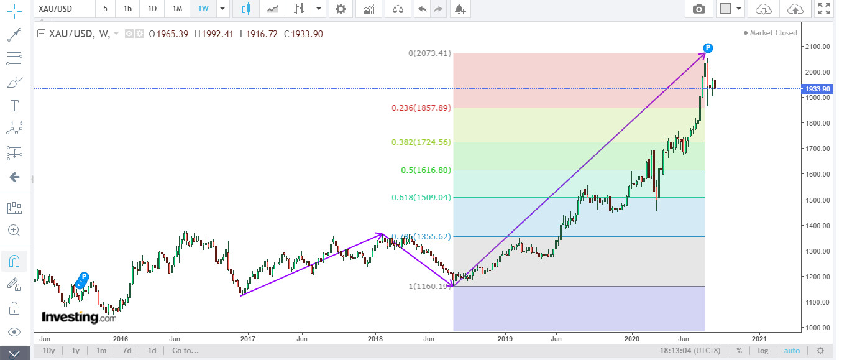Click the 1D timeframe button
(152, 9)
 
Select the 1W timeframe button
(203, 9)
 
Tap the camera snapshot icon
(699, 9)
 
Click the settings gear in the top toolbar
(341, 9)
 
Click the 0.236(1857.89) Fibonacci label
(420, 108)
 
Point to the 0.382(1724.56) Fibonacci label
(420, 142)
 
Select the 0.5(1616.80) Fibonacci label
(426, 170)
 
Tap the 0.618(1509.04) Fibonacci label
(420, 198)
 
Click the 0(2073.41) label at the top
(429, 53)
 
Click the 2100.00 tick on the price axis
(817, 47)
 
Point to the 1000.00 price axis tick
(817, 328)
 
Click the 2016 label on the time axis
(121, 339)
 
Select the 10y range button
(48, 351)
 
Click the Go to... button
(185, 351)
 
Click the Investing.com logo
(79, 317)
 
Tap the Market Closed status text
(773, 33)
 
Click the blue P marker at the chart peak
(708, 48)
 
